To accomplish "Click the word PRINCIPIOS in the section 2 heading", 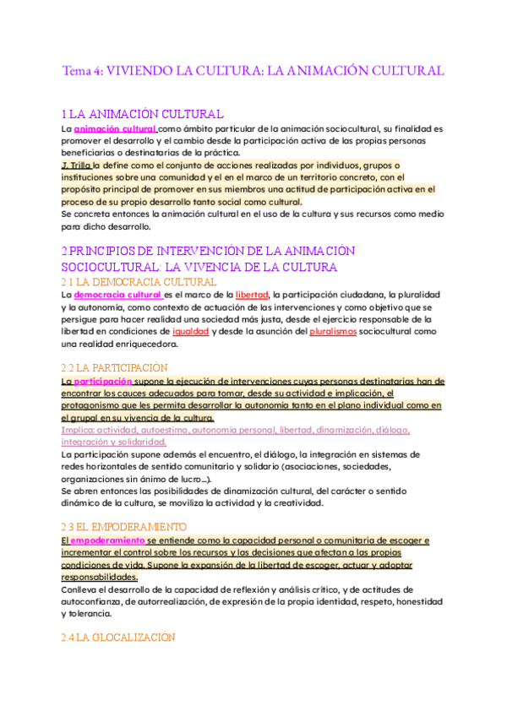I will (115, 252).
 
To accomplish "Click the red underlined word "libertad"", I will (252, 296).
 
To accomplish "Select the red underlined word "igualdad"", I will (189, 333).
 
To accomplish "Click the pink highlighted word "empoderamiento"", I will (106, 540).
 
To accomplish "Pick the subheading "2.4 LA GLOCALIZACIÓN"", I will (118, 638).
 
